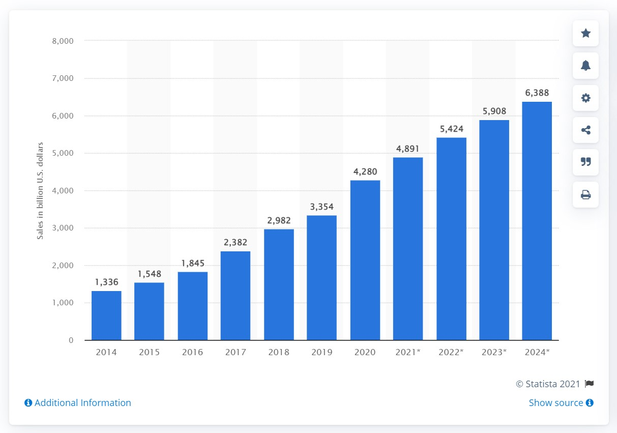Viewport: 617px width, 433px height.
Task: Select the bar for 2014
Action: [106, 315]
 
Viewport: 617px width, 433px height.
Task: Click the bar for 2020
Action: [365, 260]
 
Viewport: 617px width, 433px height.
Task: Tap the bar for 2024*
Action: [537, 221]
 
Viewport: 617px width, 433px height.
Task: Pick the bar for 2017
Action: [236, 296]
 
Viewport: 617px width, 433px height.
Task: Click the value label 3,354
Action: [321, 207]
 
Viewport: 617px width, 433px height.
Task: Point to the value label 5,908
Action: [493, 111]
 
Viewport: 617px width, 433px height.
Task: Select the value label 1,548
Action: [150, 274]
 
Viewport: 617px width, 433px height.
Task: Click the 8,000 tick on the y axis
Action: [64, 41]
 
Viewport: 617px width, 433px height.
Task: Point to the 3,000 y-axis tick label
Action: [64, 228]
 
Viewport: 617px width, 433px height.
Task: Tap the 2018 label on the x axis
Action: [279, 352]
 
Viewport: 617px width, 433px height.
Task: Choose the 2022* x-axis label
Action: [451, 352]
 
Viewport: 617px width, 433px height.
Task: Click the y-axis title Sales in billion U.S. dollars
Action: [40, 191]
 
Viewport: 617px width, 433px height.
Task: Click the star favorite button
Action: [585, 33]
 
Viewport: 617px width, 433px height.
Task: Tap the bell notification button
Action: [585, 66]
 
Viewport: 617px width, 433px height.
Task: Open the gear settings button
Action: [585, 98]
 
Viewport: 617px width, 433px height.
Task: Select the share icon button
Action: [585, 130]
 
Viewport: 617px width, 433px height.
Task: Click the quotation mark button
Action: [585, 162]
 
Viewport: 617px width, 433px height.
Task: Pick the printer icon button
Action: [585, 194]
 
